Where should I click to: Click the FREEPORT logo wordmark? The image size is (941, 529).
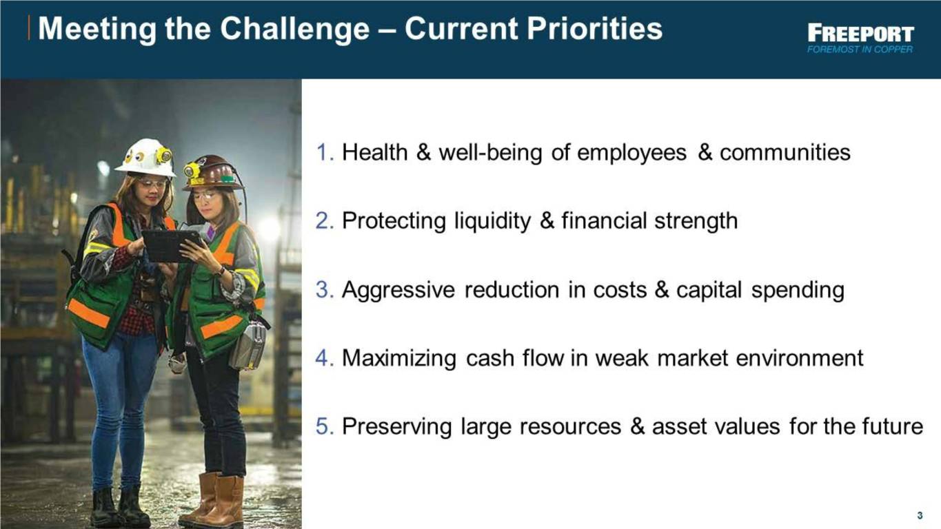pyautogui.click(x=860, y=33)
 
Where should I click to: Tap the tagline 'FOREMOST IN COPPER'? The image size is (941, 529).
pyautogui.click(x=860, y=50)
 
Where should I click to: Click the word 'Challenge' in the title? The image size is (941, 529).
pyautogui.click(x=295, y=30)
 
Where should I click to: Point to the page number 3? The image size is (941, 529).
pyautogui.click(x=920, y=515)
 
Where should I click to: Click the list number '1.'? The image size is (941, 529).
pyautogui.click(x=325, y=152)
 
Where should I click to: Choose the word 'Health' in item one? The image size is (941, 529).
pyautogui.click(x=375, y=152)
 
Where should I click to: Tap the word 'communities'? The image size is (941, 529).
pyautogui.click(x=785, y=152)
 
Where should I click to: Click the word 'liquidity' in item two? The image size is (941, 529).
pyautogui.click(x=492, y=221)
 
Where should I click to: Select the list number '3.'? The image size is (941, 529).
pyautogui.click(x=325, y=290)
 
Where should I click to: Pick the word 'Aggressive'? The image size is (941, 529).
pyautogui.click(x=398, y=291)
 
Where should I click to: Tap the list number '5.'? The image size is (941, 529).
pyautogui.click(x=325, y=426)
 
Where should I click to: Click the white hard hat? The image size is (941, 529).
pyautogui.click(x=145, y=158)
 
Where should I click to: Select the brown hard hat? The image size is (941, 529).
pyautogui.click(x=214, y=173)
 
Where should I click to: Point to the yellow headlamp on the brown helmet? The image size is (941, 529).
pyautogui.click(x=191, y=170)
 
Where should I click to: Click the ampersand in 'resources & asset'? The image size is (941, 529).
pyautogui.click(x=637, y=426)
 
